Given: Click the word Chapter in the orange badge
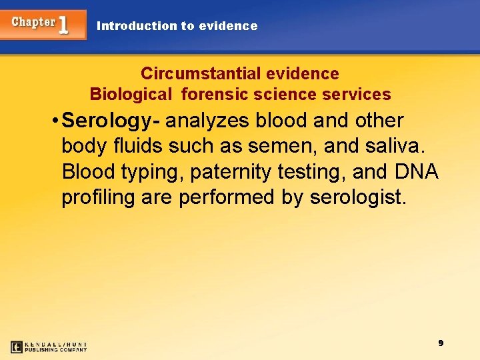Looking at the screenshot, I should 33,22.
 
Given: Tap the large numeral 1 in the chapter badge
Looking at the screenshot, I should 63,25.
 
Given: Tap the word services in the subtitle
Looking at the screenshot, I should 357,94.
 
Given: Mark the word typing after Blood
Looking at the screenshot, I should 152,172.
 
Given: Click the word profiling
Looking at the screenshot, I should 97,197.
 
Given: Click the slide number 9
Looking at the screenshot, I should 441,343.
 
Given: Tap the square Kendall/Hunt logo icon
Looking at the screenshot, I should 17,347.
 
